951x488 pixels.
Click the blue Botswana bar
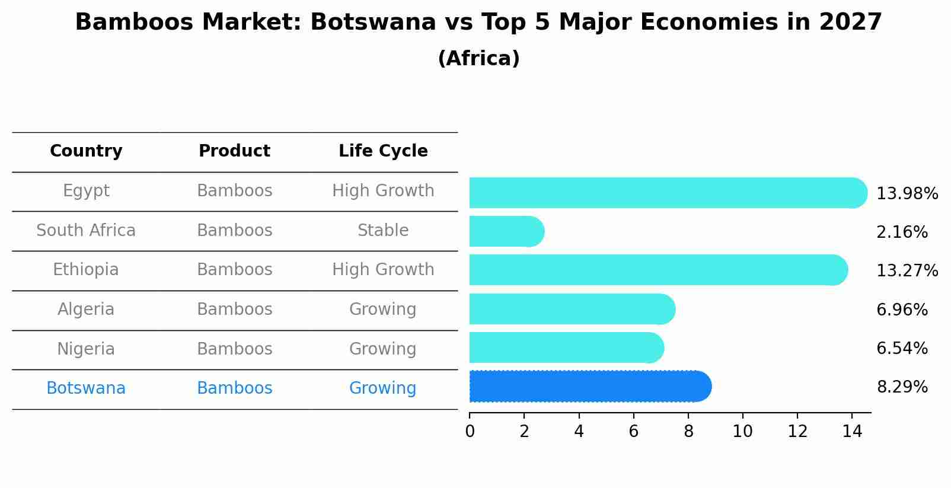tap(590, 387)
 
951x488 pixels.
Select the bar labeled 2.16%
tap(506, 231)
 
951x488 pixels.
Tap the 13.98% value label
tap(907, 194)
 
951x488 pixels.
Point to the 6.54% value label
tap(901, 348)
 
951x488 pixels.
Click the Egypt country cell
tap(86, 191)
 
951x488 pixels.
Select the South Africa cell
tap(86, 230)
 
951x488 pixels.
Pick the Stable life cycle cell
tap(382, 230)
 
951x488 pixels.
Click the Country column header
tap(86, 151)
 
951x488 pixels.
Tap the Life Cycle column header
tap(382, 151)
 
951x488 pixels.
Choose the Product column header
tap(234, 151)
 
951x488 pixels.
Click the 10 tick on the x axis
tap(742, 431)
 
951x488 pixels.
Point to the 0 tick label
tap(470, 431)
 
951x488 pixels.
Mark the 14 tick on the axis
tap(852, 431)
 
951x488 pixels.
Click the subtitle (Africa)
tap(478, 59)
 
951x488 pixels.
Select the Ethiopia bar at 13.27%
tap(658, 270)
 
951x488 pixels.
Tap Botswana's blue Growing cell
tap(382, 388)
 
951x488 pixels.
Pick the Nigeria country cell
tap(86, 349)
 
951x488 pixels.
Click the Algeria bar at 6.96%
tap(572, 309)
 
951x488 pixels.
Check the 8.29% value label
tap(901, 387)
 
